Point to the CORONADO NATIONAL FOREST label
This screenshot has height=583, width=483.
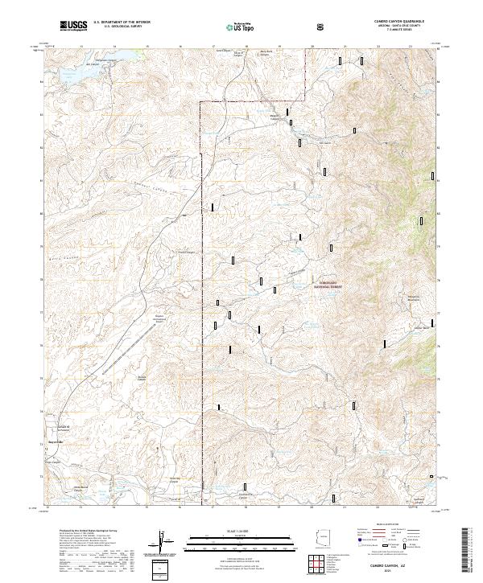pos(328,282)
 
